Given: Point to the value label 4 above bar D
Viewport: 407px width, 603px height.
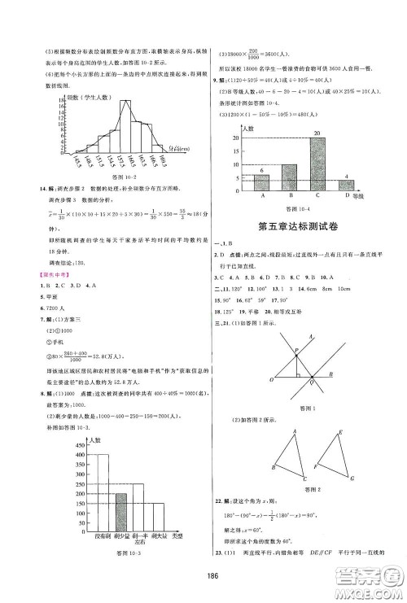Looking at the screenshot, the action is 348,177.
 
